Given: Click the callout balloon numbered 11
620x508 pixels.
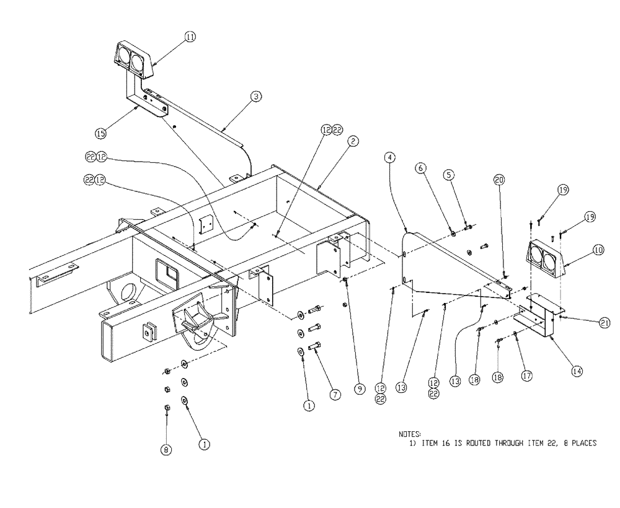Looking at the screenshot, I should tap(190, 37).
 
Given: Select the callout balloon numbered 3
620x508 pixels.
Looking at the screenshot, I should tap(255, 96).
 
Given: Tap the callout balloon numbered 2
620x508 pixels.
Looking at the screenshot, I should tap(352, 141).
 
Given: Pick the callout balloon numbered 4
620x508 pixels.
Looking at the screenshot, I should tap(389, 159).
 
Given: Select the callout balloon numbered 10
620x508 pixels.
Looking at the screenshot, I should tap(598, 250).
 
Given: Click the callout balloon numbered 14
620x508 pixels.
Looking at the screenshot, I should tap(577, 372).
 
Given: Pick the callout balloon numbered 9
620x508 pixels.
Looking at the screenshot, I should tap(360, 389).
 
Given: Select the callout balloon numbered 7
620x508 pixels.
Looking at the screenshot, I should tap(335, 393).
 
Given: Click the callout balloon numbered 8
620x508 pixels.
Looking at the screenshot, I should tap(166, 450).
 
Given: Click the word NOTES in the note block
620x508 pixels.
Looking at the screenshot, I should tap(410, 434).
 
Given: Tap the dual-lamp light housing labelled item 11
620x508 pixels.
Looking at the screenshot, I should tap(133, 60).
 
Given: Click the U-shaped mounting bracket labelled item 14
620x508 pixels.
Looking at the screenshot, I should tap(537, 316).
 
